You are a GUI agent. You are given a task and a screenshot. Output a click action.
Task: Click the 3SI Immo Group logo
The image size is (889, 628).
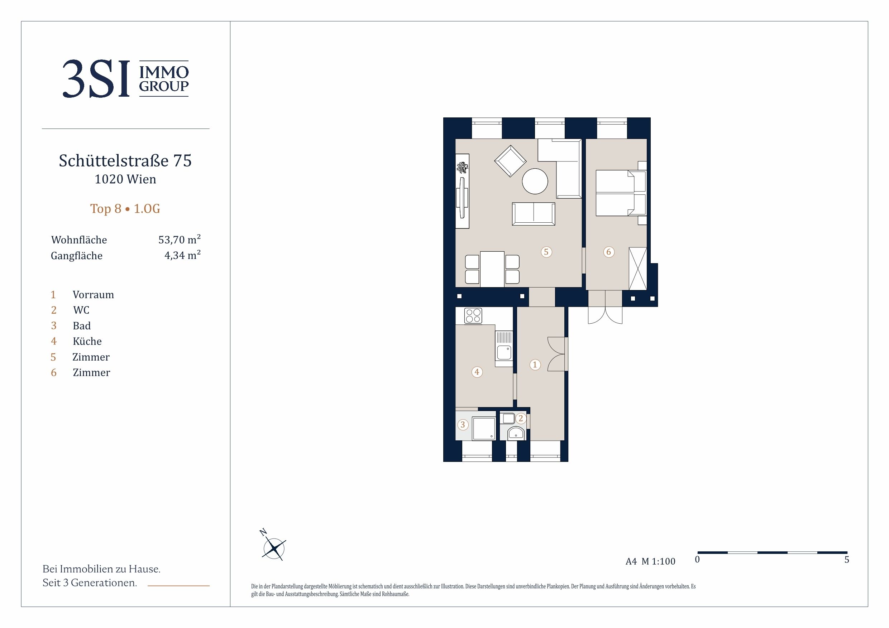pos(125,78)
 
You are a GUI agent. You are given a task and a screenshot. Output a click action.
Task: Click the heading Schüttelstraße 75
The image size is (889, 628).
pos(125,160)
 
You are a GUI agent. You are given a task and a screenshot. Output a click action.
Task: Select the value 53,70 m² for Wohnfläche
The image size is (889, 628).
pos(179,239)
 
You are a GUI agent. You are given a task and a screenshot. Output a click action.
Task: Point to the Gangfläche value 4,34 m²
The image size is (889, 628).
pos(182,255)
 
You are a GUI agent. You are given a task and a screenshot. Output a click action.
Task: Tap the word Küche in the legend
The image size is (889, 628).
pos(87,341)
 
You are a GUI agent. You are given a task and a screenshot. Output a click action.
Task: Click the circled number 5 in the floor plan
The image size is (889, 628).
pos(546,252)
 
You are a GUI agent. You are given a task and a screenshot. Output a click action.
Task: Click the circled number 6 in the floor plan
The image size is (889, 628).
pos(608,252)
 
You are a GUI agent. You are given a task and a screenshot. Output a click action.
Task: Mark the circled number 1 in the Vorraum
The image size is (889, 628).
pos(535,364)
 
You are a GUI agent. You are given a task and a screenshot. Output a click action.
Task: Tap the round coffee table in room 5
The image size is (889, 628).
pos(535,181)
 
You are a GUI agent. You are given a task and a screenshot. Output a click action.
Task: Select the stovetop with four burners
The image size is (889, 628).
pos(473,315)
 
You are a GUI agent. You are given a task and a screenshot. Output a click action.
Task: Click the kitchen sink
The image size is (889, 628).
pos(504,348)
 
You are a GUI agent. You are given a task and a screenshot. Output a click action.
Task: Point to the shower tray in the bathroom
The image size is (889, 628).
pos(484,428)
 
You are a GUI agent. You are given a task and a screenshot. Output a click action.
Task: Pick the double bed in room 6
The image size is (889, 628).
pos(621,193)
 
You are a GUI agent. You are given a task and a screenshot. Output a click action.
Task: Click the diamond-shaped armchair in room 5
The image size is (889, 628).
pos(510,161)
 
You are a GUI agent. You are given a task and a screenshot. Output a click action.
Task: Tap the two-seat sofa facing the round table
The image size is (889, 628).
pos(533,214)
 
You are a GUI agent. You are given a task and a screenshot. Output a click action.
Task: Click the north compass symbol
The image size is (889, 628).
pos(273,546)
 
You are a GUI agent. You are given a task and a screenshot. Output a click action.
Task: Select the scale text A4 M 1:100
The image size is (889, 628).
pos(650,561)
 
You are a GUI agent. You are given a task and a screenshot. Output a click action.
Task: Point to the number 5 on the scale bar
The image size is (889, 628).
pos(846,560)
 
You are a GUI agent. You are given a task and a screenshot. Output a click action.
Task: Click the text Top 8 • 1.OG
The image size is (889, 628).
pos(125,209)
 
